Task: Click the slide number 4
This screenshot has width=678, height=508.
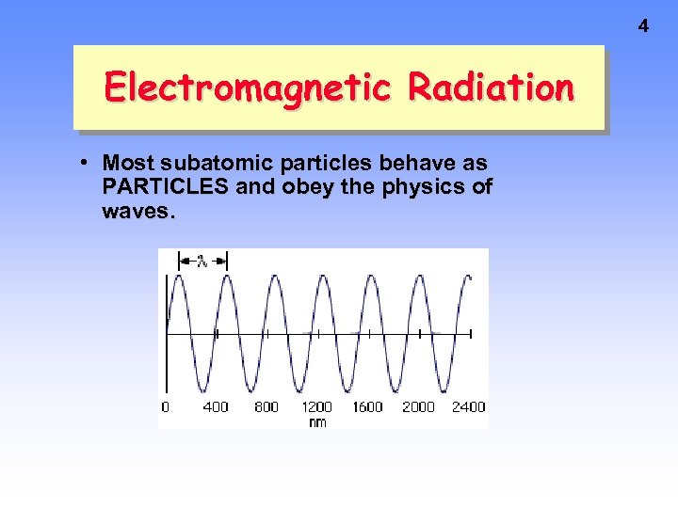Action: [x=643, y=26]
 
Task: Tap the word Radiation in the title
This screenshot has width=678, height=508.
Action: [x=491, y=87]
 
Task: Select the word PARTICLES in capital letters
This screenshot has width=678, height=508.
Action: [x=165, y=186]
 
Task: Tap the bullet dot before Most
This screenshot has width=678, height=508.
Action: [x=86, y=162]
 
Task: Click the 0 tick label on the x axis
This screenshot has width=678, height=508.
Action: [x=166, y=407]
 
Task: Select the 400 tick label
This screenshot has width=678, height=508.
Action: [x=216, y=407]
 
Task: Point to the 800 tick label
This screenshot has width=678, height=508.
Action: [x=266, y=407]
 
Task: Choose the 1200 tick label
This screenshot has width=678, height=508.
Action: [x=316, y=407]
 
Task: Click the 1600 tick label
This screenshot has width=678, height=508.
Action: [x=367, y=407]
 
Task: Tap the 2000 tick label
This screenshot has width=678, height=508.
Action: [x=418, y=407]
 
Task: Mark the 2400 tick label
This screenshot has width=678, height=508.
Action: [x=468, y=407]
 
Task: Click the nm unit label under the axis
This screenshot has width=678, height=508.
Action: [x=317, y=422]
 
